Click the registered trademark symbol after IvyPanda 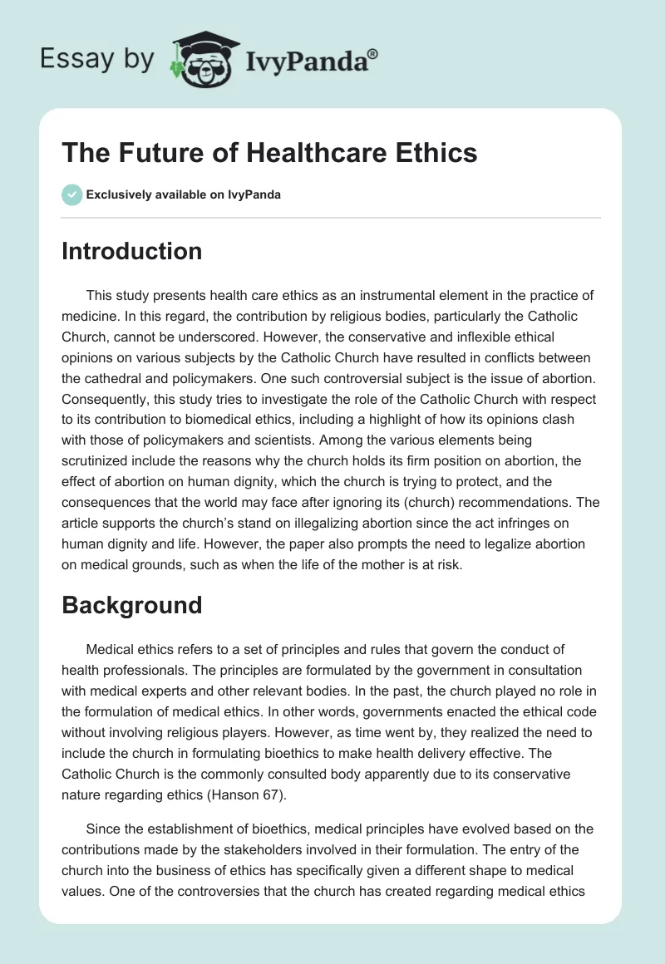(372, 54)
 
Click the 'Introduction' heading (131, 251)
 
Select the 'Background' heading (131, 604)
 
